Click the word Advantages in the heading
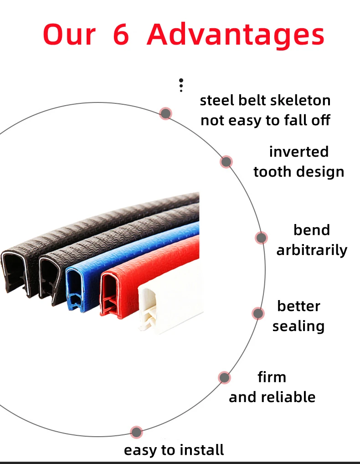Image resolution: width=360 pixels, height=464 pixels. tap(235, 36)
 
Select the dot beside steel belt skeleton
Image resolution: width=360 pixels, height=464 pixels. tap(165, 113)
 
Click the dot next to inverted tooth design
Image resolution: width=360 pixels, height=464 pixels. tap(226, 162)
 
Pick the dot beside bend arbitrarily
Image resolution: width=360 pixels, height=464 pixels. tap(261, 238)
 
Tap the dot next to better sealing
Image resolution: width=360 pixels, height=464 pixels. tap(258, 313)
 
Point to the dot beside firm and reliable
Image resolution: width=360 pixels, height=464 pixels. tap(224, 377)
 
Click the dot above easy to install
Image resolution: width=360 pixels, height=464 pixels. tap(136, 432)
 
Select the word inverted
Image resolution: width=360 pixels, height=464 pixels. tap(298, 152)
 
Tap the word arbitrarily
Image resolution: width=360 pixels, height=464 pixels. tap(312, 250)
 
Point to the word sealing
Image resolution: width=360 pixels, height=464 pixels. tap(298, 326)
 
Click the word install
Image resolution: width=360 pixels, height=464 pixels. tap(201, 450)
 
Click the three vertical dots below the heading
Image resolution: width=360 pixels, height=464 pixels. tap(181, 85)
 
